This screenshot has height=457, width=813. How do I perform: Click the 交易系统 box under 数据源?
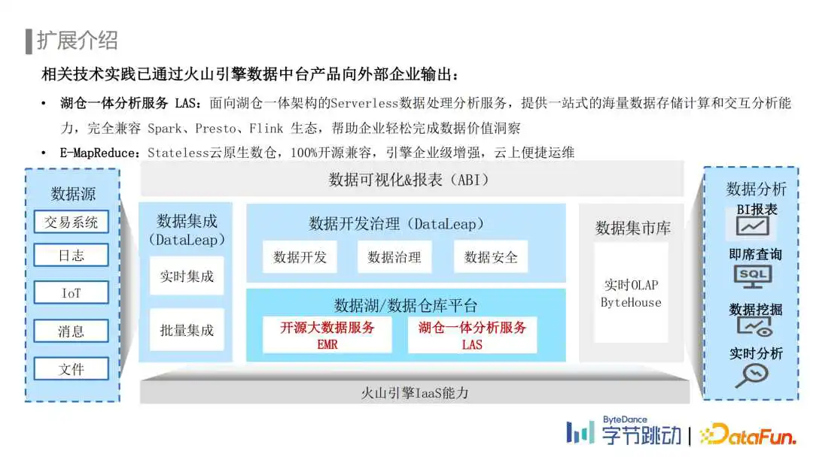71,222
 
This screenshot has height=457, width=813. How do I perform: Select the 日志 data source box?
71,255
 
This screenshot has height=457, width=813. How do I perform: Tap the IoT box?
71,293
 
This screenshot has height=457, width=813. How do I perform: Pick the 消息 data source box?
71,331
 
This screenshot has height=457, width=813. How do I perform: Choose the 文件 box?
71,369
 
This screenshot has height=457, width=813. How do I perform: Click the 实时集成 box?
187,276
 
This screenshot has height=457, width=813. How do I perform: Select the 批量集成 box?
187,330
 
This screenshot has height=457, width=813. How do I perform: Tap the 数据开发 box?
300,257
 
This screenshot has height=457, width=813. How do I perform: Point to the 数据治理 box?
394,257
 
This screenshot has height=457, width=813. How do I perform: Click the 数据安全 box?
491,257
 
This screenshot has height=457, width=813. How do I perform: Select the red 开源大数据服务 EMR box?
327,334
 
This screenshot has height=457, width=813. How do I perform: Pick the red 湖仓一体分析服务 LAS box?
472,334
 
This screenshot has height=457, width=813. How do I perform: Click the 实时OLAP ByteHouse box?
631,293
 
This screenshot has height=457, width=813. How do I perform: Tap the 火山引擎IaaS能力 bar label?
415,393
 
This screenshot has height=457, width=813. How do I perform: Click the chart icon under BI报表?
752,226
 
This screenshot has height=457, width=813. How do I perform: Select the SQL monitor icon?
753,277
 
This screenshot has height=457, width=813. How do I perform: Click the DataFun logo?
748,434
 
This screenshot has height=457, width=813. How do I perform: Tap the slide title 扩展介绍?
78,41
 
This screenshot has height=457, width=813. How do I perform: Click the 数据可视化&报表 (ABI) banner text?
409,180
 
